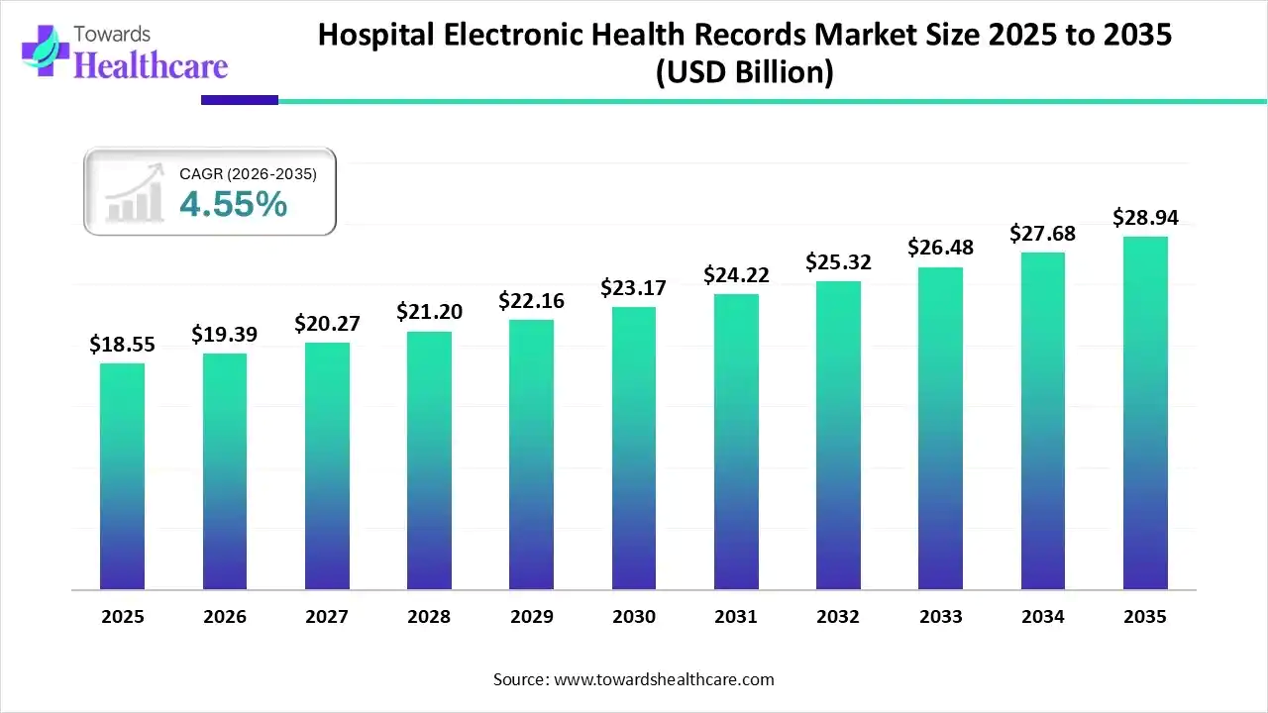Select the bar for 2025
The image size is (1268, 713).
[122, 476]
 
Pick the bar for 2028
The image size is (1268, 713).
[429, 460]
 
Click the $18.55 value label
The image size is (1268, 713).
[122, 344]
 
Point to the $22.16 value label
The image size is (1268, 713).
[531, 300]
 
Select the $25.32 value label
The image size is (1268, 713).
[838, 261]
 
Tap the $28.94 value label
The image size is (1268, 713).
[1145, 217]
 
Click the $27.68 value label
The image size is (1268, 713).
[1042, 233]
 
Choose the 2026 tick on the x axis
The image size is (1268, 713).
[224, 617]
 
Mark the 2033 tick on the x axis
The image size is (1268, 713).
[940, 617]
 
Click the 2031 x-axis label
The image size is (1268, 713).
[736, 617]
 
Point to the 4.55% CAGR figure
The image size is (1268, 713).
[234, 204]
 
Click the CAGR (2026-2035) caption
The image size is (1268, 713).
[248, 174]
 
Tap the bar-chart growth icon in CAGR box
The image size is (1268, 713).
[134, 194]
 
